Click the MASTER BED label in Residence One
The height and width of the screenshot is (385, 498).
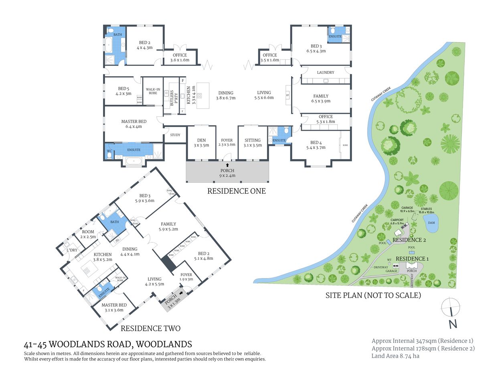134,124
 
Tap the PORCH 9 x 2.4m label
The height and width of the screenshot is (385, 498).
227,173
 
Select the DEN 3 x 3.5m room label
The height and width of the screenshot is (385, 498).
201,143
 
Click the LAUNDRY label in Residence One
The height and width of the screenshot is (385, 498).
325,73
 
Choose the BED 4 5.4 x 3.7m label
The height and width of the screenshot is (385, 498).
316,145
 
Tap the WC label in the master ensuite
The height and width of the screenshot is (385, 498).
109,151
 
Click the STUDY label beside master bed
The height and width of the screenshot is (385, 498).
175,135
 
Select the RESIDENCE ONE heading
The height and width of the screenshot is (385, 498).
236,191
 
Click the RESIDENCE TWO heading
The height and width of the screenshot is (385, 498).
150,328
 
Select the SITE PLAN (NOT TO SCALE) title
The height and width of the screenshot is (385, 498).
373,296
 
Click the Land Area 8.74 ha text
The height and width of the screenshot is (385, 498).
395,356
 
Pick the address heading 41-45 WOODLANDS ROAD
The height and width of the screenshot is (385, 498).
108,344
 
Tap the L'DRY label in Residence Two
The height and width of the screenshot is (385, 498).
72,250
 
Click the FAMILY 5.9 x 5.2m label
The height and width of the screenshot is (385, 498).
168,227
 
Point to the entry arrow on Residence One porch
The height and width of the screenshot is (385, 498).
227,165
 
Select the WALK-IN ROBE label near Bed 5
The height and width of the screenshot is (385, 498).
153,91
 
